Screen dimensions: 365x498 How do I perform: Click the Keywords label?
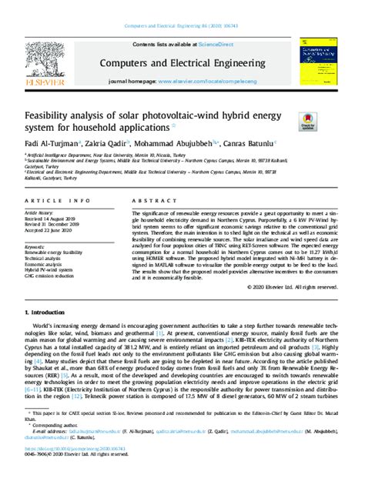pos(38,245)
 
